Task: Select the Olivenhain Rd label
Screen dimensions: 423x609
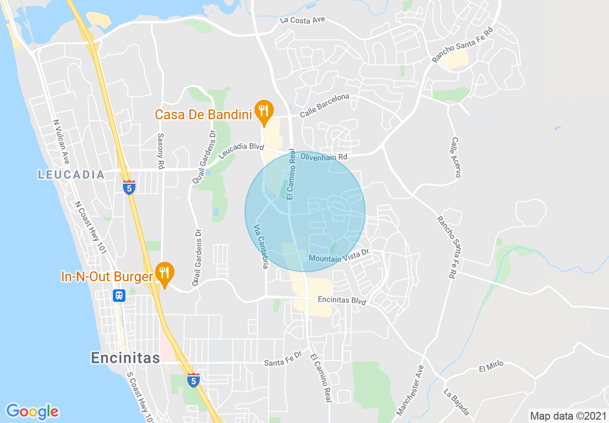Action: click(323, 157)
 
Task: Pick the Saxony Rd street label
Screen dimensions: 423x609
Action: click(161, 151)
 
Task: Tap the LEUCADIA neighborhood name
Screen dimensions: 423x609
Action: click(71, 174)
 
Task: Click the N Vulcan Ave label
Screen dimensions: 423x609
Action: click(61, 141)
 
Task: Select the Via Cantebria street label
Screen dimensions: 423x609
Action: click(260, 246)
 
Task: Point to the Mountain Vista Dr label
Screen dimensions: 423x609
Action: click(339, 256)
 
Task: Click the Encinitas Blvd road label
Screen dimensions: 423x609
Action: click(342, 300)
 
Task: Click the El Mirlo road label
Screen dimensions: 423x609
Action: click(491, 366)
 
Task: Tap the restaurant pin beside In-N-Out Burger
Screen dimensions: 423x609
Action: click(164, 274)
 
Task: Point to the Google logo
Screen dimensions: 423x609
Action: click(32, 411)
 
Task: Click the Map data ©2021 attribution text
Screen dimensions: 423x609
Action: click(567, 415)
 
